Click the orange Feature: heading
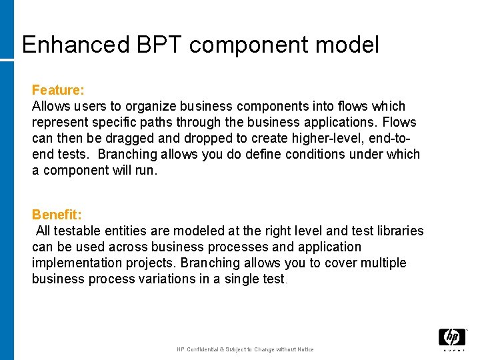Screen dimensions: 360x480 57,89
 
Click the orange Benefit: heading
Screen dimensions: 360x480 57,215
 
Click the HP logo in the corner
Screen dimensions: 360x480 451,338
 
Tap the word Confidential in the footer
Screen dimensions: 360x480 207,349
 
